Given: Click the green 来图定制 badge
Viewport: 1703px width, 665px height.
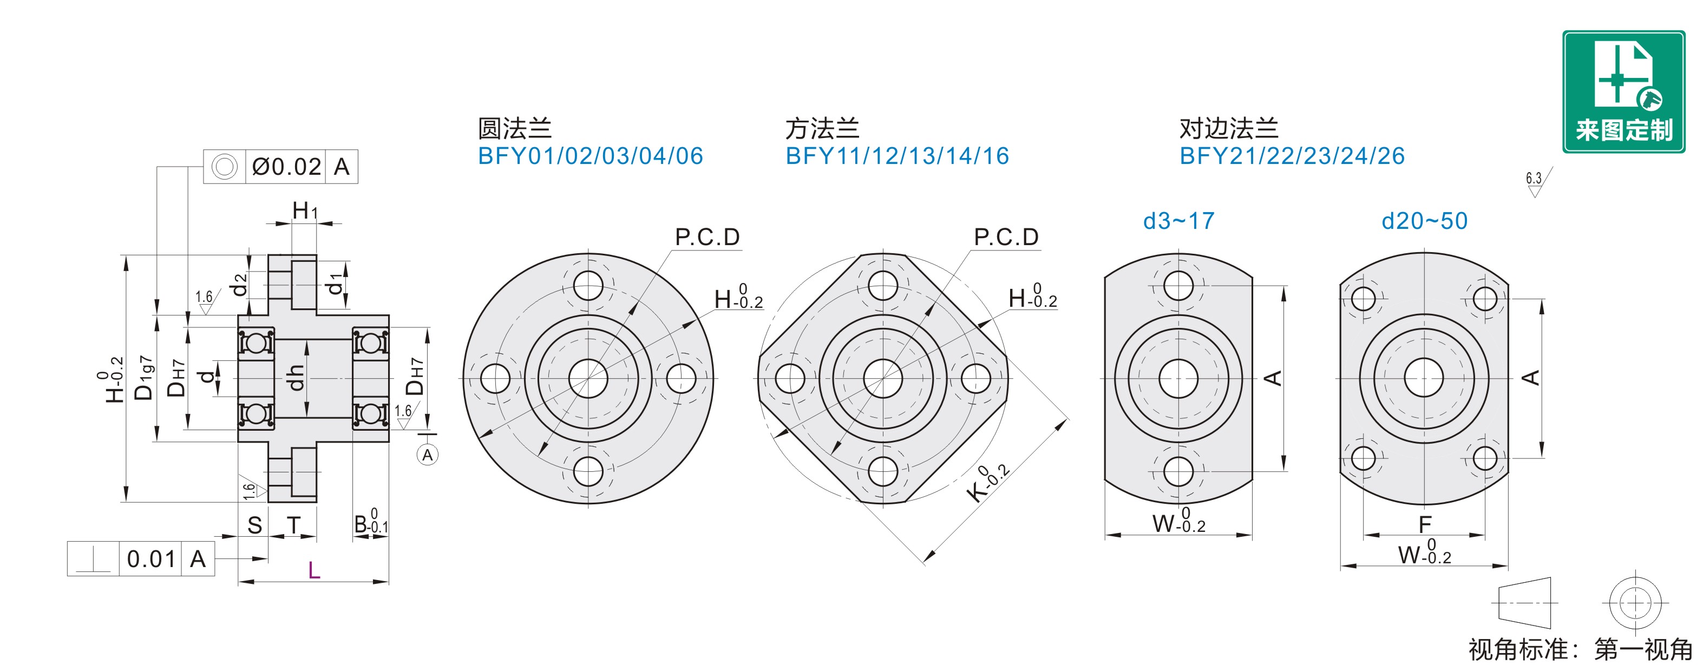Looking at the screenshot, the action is pos(1623,92).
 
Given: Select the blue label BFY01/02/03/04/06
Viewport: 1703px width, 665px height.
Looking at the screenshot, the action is pos(591,156).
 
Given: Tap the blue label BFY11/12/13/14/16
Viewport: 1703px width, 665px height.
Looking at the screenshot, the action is pos(897,156).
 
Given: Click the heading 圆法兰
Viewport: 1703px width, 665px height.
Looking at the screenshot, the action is pos(514,128).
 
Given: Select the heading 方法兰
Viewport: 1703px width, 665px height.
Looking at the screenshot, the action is pos(822,128).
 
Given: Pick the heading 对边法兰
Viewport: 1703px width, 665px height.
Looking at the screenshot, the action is pos(1229,128).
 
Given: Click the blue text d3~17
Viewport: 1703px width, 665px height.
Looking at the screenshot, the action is pos(1179,221).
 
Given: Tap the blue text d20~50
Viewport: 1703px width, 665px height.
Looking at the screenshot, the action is pos(1425,221).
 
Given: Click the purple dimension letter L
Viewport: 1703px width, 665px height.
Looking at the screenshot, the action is pos(314,570).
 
